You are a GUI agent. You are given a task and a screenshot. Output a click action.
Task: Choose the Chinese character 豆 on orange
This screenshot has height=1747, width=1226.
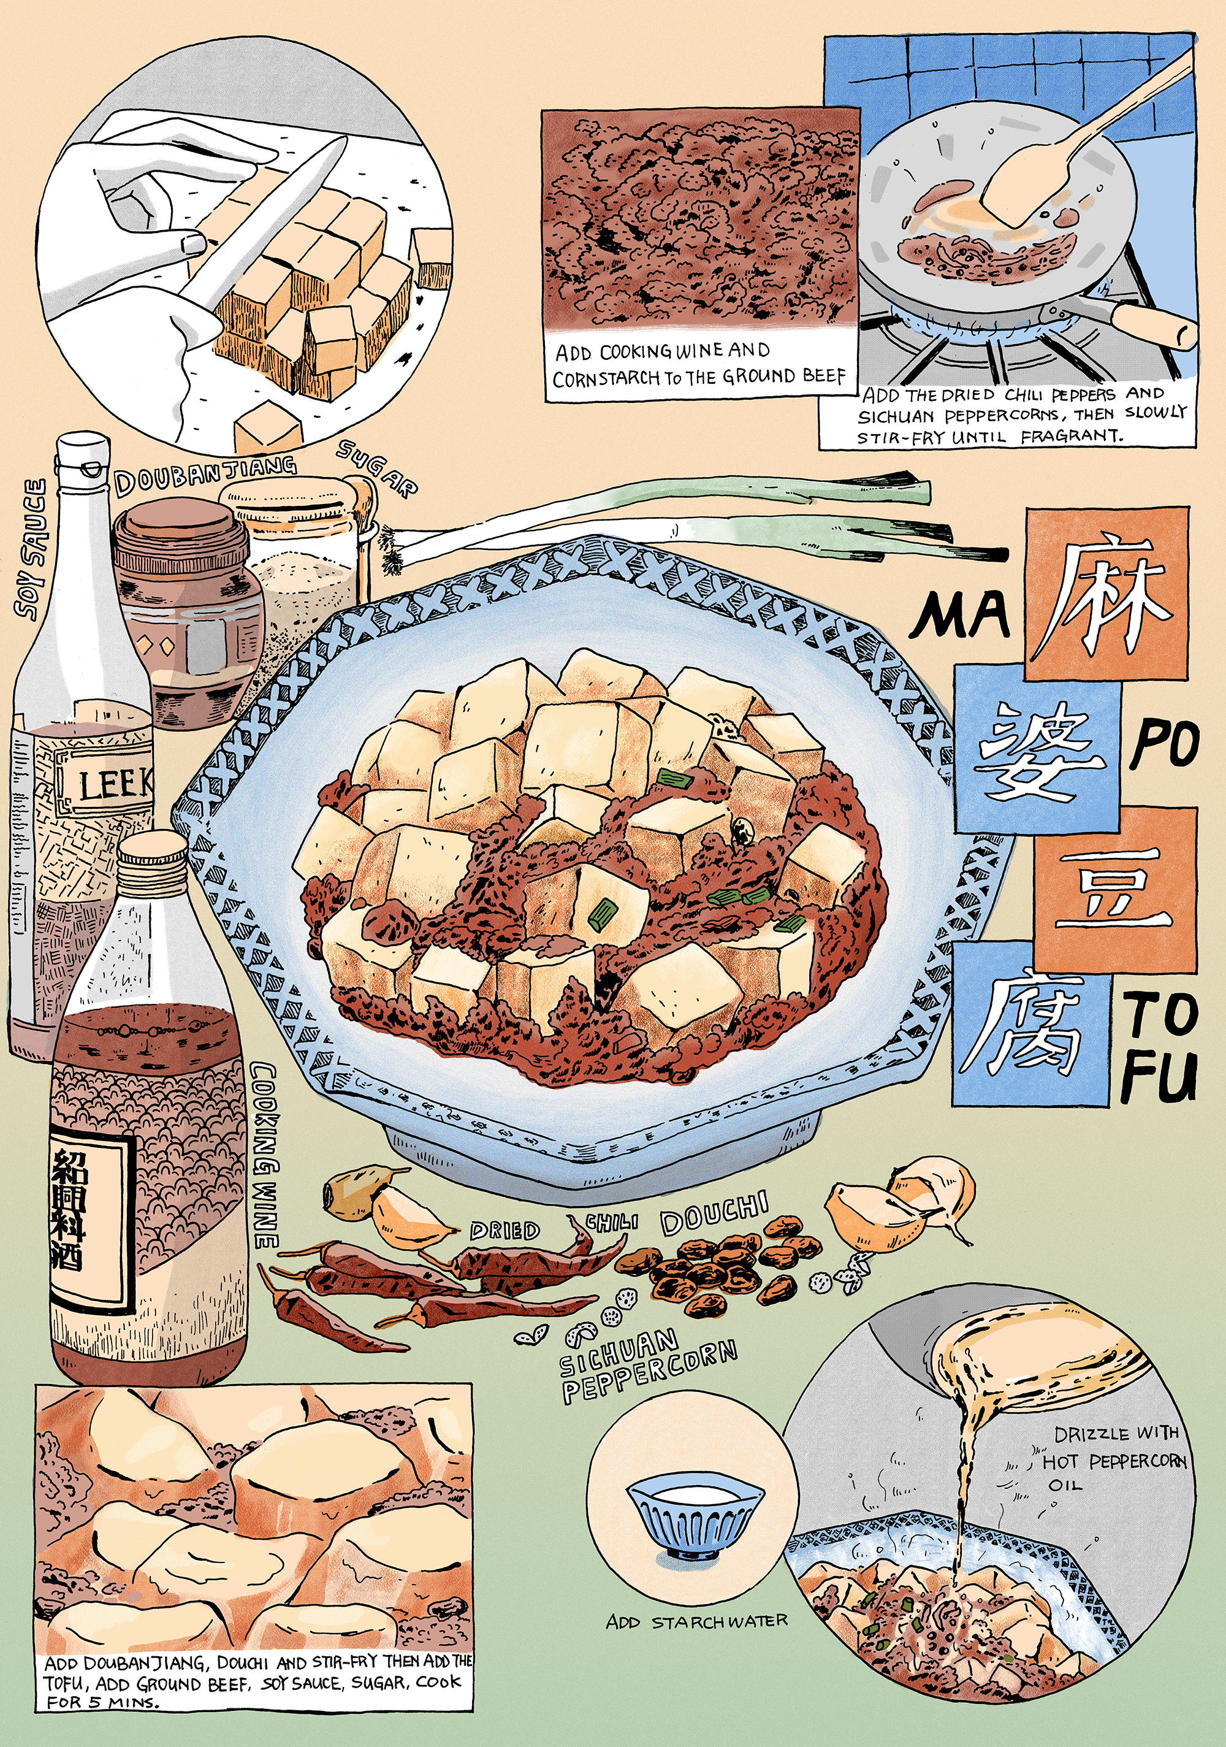point(1114,887)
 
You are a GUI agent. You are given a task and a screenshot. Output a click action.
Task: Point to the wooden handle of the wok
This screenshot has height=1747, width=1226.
point(1152,323)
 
